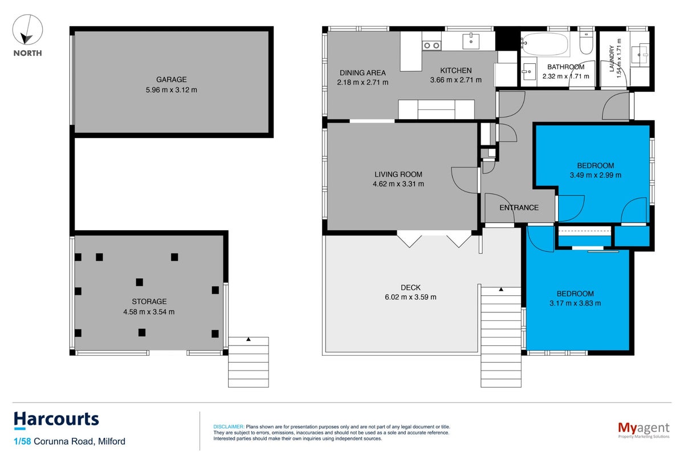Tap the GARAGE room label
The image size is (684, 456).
(x=172, y=79)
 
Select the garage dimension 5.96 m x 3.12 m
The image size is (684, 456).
(x=172, y=90)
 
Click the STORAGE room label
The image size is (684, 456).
(x=149, y=302)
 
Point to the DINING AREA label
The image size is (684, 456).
(x=363, y=73)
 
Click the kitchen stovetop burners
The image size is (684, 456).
(x=431, y=46)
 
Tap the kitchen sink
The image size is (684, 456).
(x=471, y=41)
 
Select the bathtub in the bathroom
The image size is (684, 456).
(x=545, y=44)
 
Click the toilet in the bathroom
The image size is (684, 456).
(x=587, y=43)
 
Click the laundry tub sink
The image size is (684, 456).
(x=640, y=54)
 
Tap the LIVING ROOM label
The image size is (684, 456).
(x=398, y=174)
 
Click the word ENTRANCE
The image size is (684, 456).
(x=519, y=207)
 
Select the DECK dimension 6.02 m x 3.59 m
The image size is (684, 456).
(x=410, y=297)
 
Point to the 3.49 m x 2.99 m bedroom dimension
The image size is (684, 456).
(x=595, y=175)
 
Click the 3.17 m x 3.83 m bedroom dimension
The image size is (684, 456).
(x=575, y=303)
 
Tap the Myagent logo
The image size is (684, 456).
(x=644, y=430)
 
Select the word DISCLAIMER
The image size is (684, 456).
(x=229, y=427)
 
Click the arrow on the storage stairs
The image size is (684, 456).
(x=249, y=339)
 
